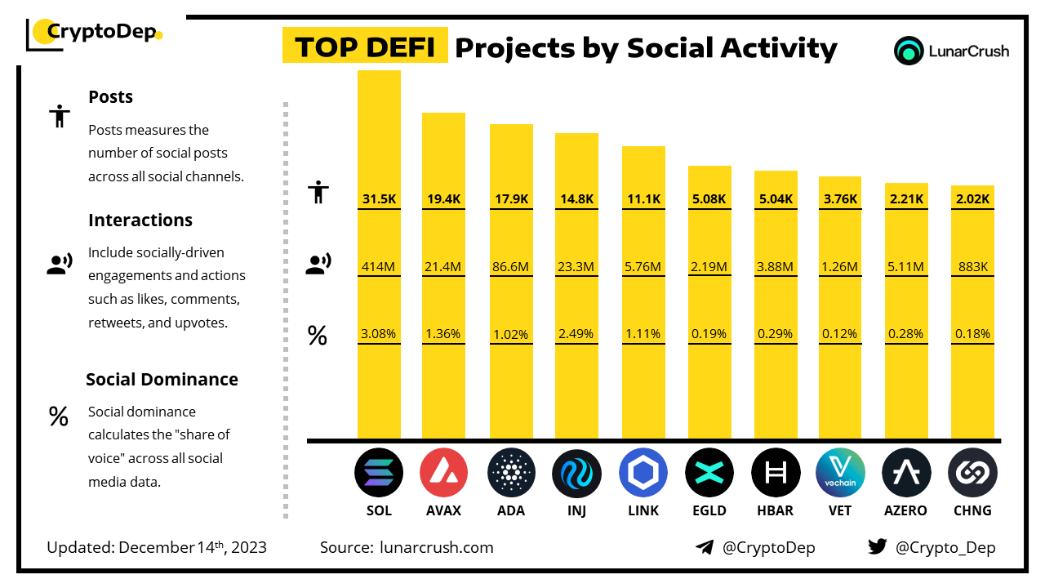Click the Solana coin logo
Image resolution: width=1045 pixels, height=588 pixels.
[x=379, y=473]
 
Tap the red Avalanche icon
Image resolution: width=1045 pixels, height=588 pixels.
[x=443, y=473]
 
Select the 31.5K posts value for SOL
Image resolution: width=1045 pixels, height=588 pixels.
[x=379, y=198]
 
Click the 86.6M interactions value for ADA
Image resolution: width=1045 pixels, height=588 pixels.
[x=511, y=266]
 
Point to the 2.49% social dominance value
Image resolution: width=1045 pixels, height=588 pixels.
[x=576, y=333]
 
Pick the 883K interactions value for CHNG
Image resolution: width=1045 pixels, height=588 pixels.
[x=972, y=266]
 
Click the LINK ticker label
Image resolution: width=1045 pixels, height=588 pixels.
[x=643, y=510]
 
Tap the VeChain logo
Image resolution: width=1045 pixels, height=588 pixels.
[x=840, y=473]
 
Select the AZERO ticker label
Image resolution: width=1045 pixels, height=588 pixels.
[x=906, y=510]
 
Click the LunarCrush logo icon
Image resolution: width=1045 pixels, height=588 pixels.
[x=909, y=51]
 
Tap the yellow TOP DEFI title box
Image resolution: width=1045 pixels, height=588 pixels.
[x=364, y=47]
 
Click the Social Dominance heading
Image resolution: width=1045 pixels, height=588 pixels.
[x=162, y=380]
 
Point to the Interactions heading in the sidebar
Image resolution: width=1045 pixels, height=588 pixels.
[x=140, y=220]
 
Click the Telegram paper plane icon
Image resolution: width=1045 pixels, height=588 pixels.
[x=705, y=548]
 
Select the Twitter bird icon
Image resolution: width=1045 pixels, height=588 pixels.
[x=878, y=547]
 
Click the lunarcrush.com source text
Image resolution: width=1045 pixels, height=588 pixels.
[x=437, y=547]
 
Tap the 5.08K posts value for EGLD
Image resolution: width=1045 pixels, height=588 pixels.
[x=709, y=198]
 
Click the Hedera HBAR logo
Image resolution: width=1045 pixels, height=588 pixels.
[x=776, y=473]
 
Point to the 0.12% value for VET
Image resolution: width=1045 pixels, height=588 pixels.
[x=840, y=333]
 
